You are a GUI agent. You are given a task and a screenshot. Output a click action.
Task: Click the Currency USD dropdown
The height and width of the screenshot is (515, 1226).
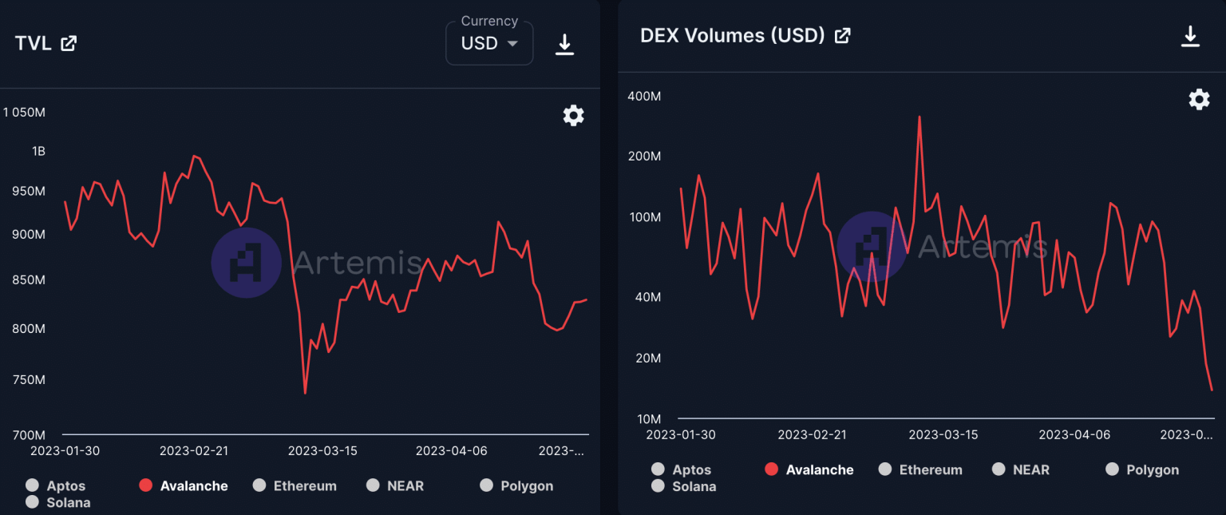pos(488,43)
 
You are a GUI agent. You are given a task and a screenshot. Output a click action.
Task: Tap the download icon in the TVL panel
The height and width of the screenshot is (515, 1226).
pos(564,45)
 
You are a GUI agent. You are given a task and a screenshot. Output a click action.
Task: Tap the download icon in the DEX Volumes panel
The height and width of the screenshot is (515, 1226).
pos(1190,37)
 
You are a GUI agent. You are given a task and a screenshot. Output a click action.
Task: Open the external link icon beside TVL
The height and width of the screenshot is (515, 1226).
pos(69,44)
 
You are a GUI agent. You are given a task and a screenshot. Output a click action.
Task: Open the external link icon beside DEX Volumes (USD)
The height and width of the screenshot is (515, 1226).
pos(842,36)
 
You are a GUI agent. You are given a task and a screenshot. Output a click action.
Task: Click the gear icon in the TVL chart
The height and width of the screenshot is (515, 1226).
pos(573,116)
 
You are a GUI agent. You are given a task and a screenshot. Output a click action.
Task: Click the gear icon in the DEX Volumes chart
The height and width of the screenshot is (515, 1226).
pos(1199,100)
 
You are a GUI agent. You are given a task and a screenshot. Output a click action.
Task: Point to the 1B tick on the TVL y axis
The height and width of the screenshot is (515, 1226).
pos(38,151)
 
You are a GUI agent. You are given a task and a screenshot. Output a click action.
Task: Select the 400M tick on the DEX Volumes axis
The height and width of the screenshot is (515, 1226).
pos(644,96)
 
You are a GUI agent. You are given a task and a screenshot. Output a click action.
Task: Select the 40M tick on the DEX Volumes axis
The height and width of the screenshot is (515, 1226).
pos(647,297)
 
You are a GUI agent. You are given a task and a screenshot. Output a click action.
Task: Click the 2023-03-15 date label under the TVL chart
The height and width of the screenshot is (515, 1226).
pos(322,450)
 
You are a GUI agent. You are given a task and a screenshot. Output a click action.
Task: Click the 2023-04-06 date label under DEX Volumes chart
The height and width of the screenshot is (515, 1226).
pos(1073,434)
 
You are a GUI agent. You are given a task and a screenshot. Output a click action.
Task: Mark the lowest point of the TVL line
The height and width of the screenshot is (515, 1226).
pos(305,393)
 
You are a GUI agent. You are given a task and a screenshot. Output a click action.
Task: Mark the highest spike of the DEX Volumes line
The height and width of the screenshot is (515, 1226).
pos(919,117)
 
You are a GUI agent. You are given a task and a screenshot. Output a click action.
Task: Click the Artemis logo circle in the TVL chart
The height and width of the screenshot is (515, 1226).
pos(246,263)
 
